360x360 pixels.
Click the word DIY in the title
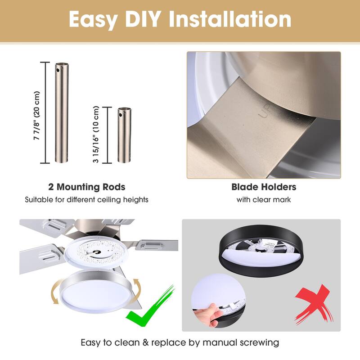tap(142, 19)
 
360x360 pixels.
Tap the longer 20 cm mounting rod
tap(62, 112)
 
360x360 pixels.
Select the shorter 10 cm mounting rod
tap(124, 135)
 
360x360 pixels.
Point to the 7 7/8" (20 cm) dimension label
tap(37, 116)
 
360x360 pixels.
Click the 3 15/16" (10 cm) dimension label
tap(96, 134)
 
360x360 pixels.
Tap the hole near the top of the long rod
tap(58, 70)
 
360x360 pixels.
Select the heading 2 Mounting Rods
tap(87, 187)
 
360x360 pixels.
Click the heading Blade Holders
tap(264, 187)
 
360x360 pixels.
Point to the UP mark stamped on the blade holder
tap(266, 111)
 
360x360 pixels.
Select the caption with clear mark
tap(264, 200)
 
